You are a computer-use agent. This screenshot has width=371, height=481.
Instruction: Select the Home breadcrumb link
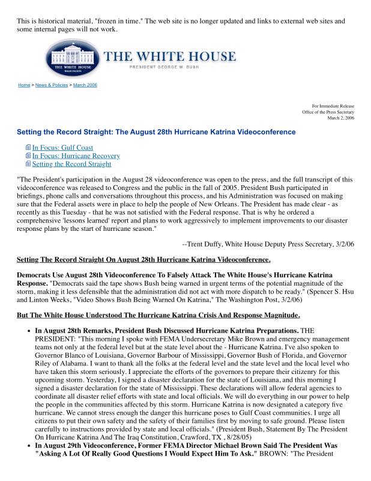[x=24, y=85]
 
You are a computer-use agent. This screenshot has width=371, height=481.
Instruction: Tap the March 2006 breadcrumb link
[x=85, y=85]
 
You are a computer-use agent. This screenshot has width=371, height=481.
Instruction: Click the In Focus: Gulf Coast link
[x=62, y=147]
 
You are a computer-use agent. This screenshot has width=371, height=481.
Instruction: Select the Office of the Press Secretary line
[x=328, y=112]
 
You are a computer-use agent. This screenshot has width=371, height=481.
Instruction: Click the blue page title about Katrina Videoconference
[x=156, y=132]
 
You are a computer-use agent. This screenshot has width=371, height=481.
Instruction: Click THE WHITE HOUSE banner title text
[x=170, y=57]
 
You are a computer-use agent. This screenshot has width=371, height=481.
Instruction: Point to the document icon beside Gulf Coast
[x=28, y=147]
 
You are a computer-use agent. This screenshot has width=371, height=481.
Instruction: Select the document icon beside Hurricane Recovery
[x=28, y=156]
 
